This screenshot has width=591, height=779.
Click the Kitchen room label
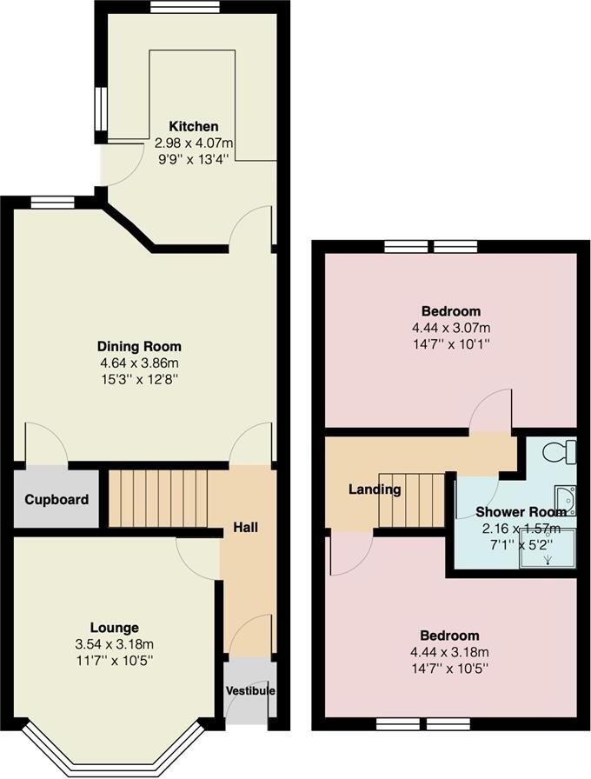click(x=193, y=127)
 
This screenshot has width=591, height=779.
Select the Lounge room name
click(x=114, y=628)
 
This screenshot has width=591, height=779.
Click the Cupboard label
click(x=56, y=500)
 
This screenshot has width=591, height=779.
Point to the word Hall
click(x=245, y=527)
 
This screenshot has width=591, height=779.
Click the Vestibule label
click(x=250, y=691)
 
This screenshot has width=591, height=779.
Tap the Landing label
click(x=375, y=489)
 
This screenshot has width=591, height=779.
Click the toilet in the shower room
click(x=556, y=453)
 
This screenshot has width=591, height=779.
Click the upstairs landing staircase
click(x=412, y=502)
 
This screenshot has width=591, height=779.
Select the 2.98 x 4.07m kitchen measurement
click(x=193, y=143)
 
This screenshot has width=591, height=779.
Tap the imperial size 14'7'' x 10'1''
click(x=451, y=344)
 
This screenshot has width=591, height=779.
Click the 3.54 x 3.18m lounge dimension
click(x=114, y=644)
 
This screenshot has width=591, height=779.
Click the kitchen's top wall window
click(x=184, y=7)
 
